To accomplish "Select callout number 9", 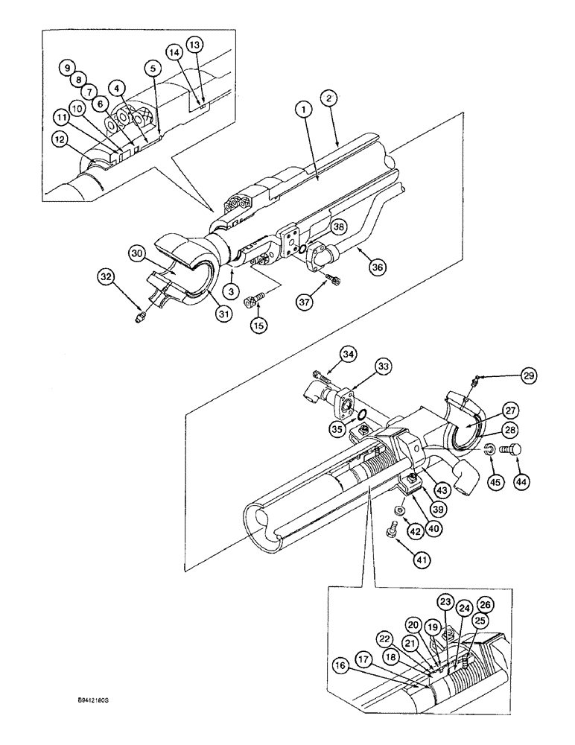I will pyautogui.click(x=67, y=66).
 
